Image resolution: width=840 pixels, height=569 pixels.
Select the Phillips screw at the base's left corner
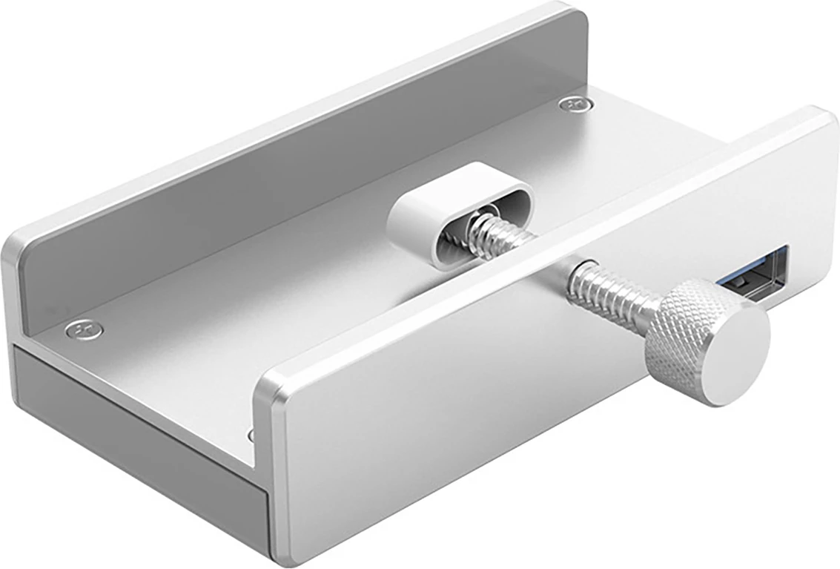pos(83,329)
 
